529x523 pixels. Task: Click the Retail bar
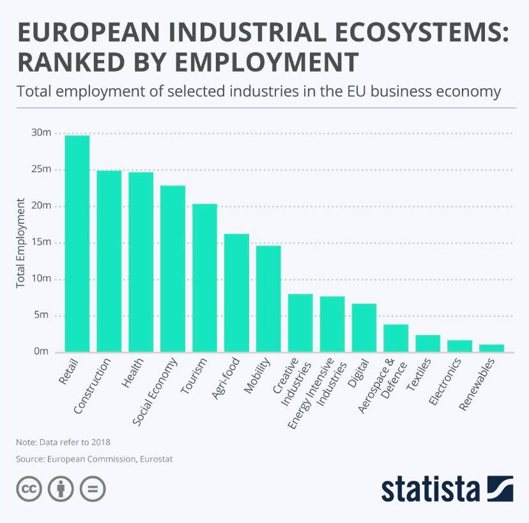[x=77, y=244]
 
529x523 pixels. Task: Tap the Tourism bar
[x=204, y=277]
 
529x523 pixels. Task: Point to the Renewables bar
[x=492, y=348]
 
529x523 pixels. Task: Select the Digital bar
[x=364, y=327]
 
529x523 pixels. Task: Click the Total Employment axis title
[x=21, y=243]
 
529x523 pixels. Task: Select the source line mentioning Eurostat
[x=95, y=459]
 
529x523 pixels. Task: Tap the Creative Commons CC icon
[x=29, y=490]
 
